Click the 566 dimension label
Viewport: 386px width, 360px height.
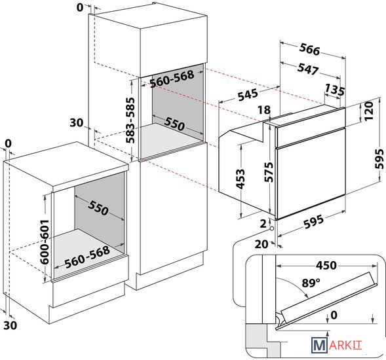[x=310, y=50]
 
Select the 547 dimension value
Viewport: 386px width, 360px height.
[x=308, y=69]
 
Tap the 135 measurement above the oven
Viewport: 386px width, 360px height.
[x=335, y=90]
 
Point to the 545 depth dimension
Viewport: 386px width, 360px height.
[x=248, y=94]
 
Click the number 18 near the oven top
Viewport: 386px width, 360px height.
[x=264, y=110]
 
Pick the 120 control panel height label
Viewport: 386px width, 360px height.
[x=369, y=111]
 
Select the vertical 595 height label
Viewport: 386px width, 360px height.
[x=379, y=159]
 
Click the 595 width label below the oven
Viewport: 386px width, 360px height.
[x=313, y=221]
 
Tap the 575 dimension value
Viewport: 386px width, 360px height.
[x=269, y=172]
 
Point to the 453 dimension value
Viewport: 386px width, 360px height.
[x=241, y=179]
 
